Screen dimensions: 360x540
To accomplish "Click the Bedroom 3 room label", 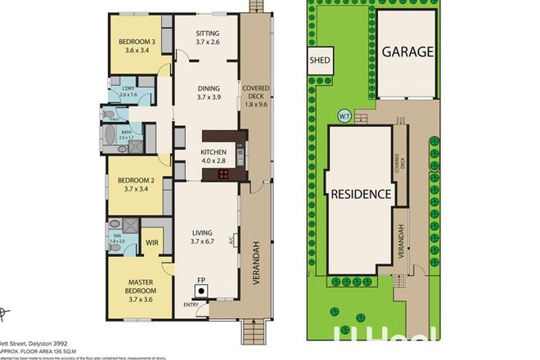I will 136,42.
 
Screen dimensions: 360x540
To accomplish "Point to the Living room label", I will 203,232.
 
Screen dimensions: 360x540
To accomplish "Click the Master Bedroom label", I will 136,288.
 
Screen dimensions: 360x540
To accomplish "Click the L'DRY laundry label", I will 128,89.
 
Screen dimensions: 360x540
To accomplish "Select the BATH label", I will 126,133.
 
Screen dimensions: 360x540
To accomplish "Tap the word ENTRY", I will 191,305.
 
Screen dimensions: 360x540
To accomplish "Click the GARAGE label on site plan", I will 407,52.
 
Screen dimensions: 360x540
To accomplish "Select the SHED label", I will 317,60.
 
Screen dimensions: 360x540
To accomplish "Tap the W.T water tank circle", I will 344,117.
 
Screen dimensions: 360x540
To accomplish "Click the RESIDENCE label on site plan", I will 362,195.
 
